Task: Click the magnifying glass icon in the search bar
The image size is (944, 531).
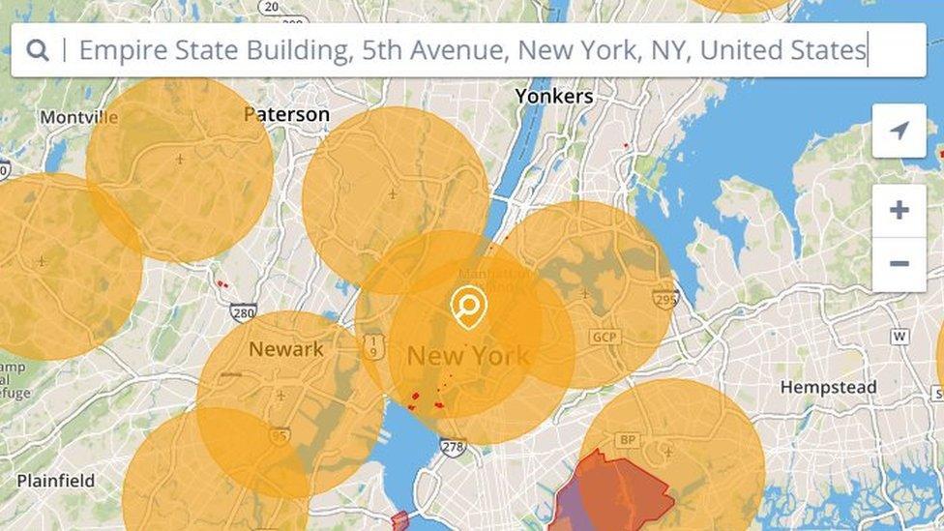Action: pos(38,50)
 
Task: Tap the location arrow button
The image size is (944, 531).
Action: pos(899,131)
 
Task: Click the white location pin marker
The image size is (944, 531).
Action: pos(469,307)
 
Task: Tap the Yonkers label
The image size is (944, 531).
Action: pos(554,96)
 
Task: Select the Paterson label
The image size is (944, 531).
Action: pos(287,114)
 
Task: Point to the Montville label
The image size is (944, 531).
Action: pos(78,117)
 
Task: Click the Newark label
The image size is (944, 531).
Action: pos(286,349)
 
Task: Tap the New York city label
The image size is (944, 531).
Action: pos(468,355)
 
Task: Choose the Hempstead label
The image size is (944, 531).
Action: pos(829,387)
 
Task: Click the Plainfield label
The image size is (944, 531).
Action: pos(56,480)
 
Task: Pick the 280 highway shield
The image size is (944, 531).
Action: pos(244,312)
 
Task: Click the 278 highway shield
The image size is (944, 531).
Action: pos(453,446)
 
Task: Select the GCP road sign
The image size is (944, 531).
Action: pos(605,337)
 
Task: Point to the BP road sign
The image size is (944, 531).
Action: pos(628,440)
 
